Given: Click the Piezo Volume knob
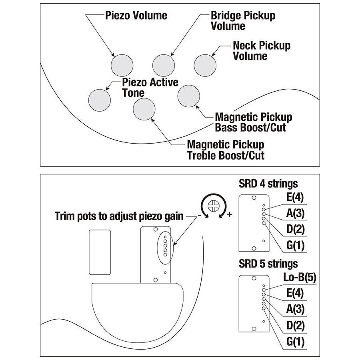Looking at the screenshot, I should [122, 65].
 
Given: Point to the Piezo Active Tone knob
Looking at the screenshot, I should [99, 100].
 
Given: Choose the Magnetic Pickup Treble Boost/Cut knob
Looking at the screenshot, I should [144, 109].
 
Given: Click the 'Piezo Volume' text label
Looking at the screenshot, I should [136, 16].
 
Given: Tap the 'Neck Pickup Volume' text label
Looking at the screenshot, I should [261, 50].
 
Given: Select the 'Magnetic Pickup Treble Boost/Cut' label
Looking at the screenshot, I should [226, 150].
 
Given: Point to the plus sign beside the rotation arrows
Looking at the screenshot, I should [230, 215].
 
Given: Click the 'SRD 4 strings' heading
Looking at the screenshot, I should [268, 184].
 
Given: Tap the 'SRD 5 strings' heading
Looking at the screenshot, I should [268, 264].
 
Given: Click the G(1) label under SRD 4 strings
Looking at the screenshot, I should [295, 245].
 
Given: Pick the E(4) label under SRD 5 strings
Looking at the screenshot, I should [296, 294].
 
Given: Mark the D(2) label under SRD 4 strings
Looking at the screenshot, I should [295, 229].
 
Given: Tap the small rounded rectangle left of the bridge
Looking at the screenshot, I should [100, 252].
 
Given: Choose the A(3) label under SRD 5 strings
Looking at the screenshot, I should [296, 309].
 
